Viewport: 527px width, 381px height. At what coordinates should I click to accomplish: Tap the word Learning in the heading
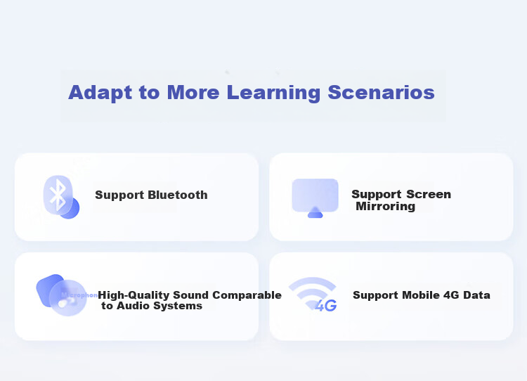pos(273,93)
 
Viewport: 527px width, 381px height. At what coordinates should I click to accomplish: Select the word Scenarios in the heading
pos(381,92)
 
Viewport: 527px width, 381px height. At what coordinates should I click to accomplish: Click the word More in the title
pos(193,92)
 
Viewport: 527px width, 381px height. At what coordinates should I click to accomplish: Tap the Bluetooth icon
pos(61,197)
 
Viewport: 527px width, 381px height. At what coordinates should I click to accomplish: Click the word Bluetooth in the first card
pos(178,195)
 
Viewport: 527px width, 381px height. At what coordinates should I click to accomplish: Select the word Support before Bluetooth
pos(119,195)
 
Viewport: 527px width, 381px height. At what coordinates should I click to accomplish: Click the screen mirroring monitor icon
pos(315,198)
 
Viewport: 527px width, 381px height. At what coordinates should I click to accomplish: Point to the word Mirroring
pos(386,206)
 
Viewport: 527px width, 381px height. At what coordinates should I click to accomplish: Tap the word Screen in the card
pos(429,194)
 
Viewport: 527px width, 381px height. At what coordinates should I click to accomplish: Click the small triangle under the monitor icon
pos(315,212)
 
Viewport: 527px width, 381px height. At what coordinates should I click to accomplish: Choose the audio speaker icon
pos(61,295)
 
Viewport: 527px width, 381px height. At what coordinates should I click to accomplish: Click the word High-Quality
pos(134,295)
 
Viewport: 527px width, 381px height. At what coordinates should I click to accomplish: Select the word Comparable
pos(247,295)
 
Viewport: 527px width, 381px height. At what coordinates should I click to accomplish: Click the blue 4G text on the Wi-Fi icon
pos(325,306)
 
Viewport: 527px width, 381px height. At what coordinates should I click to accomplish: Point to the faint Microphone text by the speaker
pos(79,295)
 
